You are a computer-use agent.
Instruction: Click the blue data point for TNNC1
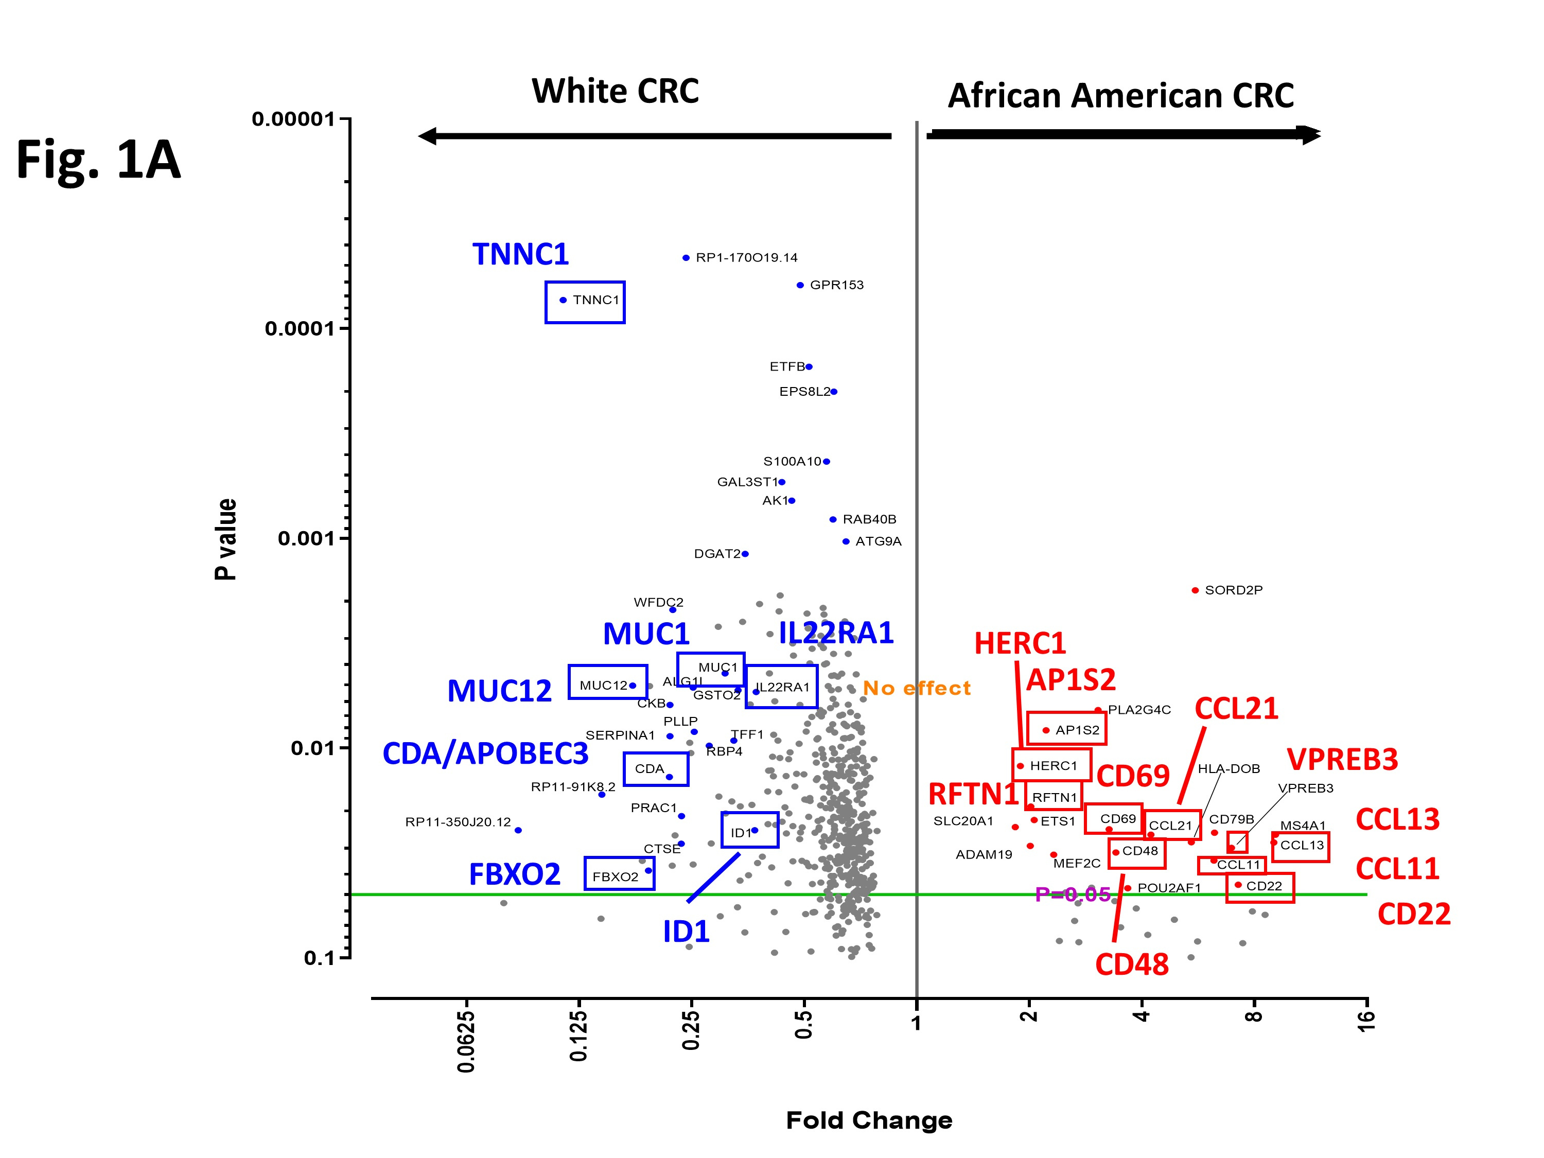point(563,300)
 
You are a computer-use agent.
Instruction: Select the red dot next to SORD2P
point(1195,590)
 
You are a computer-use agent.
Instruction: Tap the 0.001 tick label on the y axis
point(306,538)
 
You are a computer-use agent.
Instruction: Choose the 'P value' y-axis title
point(225,539)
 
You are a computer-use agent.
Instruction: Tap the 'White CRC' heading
point(615,92)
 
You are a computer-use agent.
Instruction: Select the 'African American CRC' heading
point(1120,96)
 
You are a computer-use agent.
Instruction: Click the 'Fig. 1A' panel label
point(98,160)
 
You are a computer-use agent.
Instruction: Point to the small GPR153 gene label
point(836,285)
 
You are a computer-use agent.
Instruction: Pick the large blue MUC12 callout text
point(500,691)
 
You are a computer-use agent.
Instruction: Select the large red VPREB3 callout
point(1342,760)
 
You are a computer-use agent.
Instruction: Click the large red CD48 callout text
point(1131,964)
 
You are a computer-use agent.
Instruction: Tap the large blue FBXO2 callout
point(515,874)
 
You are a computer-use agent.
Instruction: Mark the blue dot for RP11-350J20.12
point(518,831)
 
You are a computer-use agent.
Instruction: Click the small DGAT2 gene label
point(717,553)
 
